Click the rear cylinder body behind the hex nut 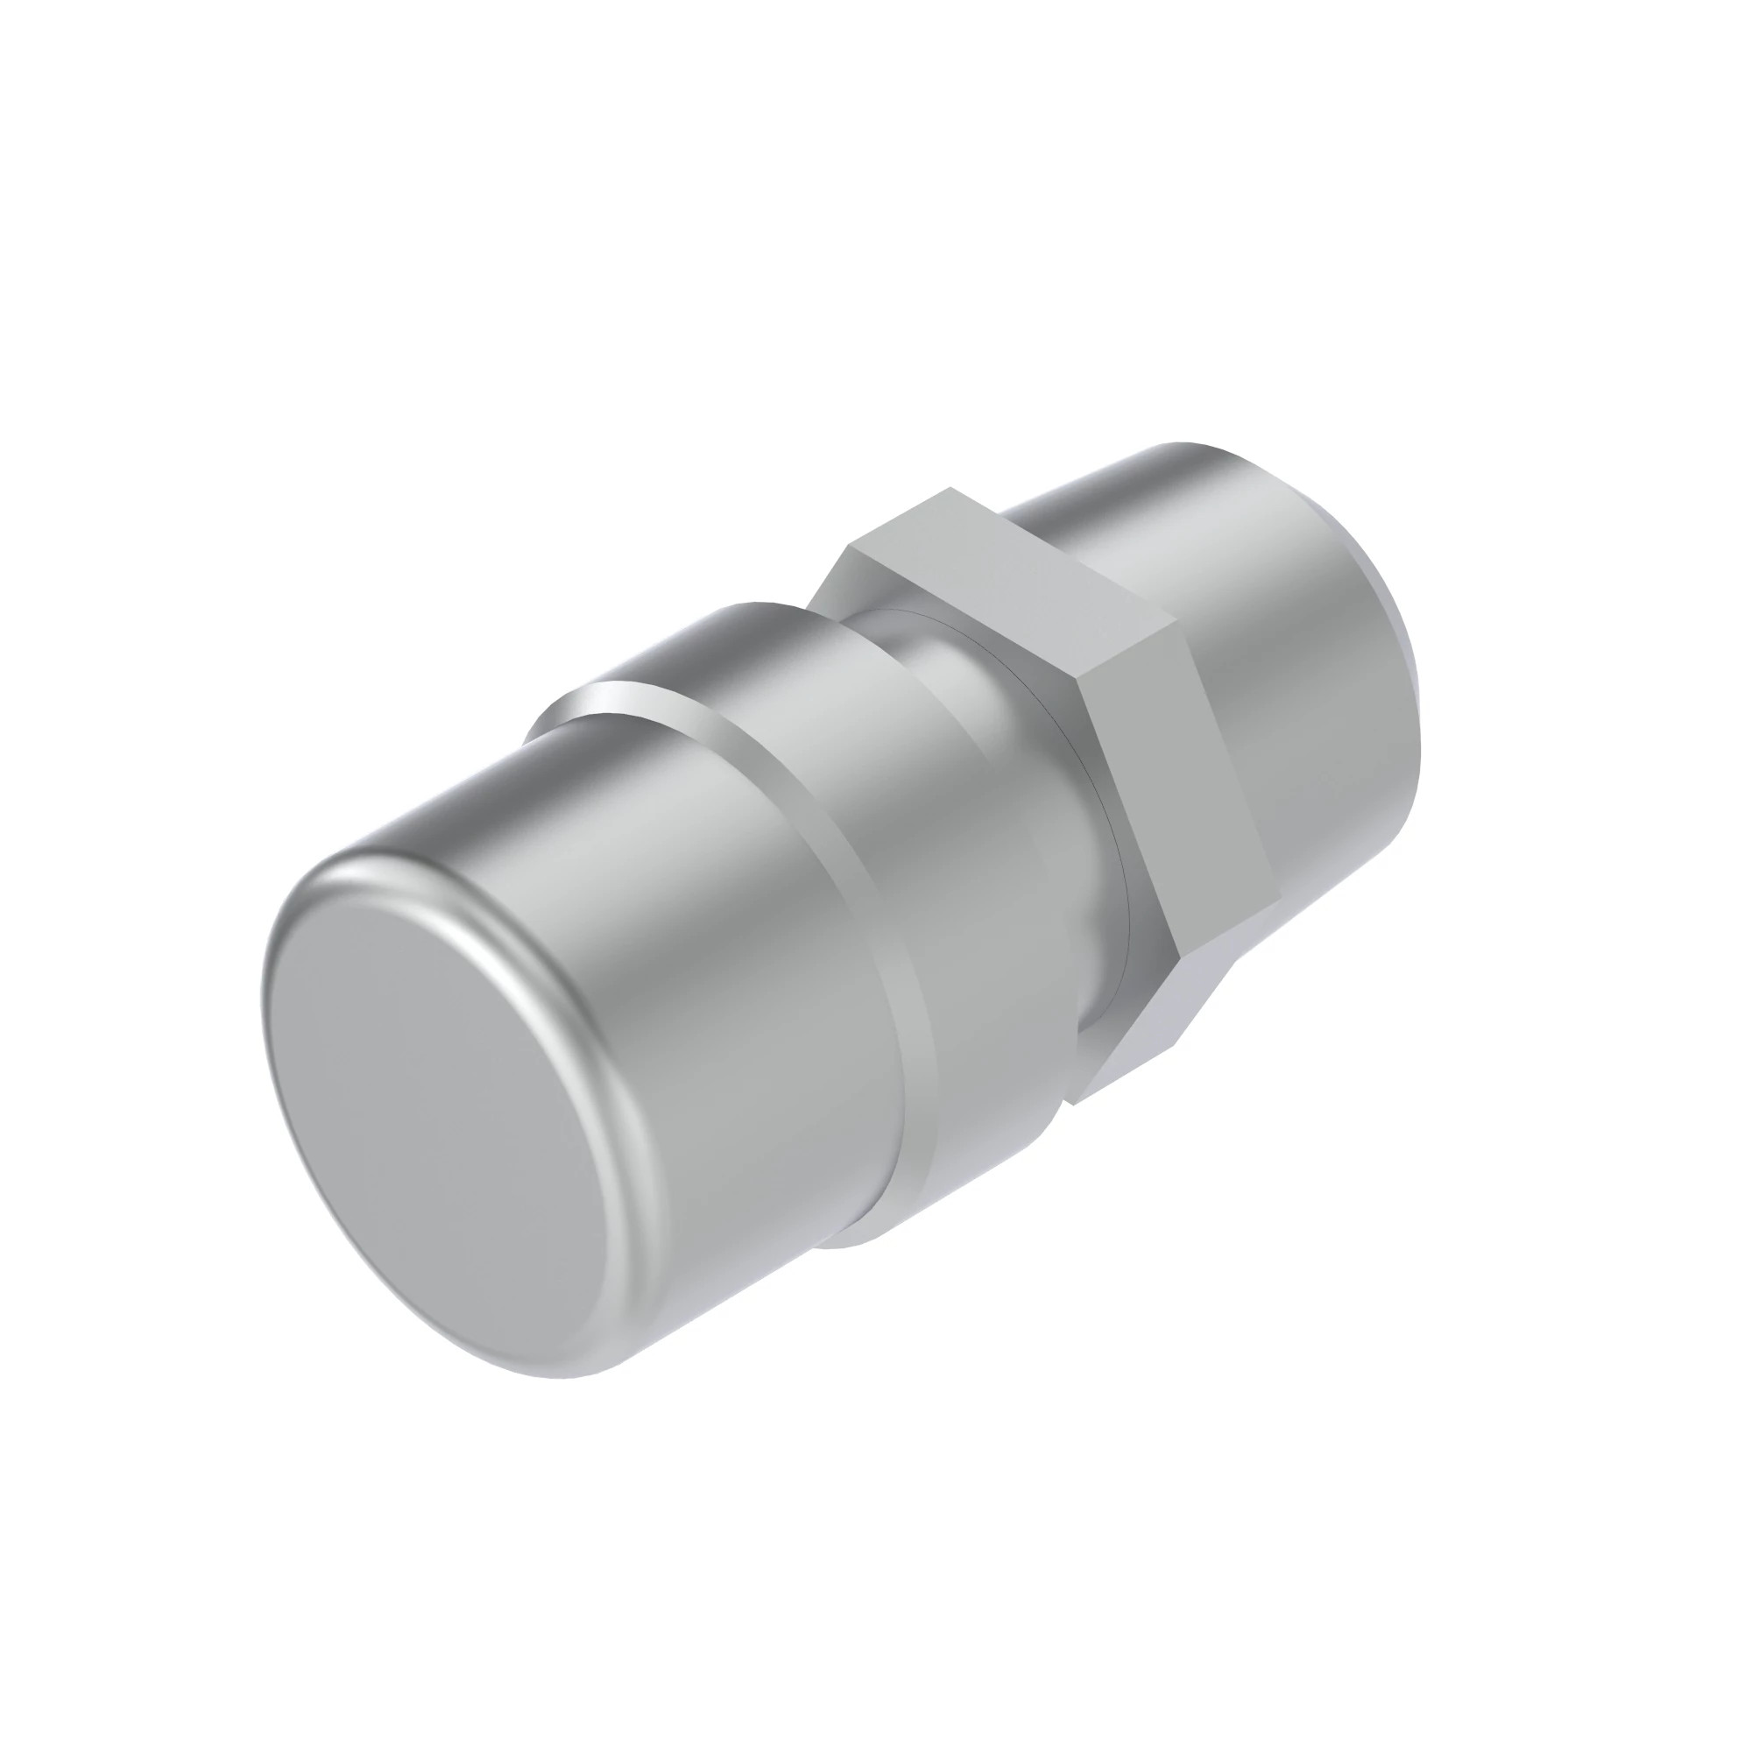tap(1296, 725)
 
